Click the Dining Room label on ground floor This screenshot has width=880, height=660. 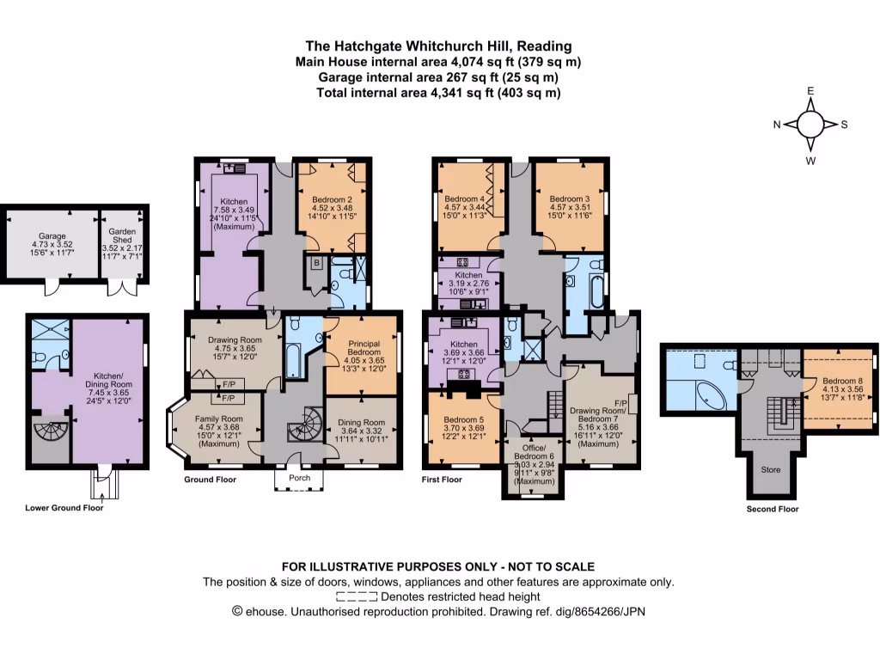pos(361,422)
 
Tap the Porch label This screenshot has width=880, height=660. pos(299,478)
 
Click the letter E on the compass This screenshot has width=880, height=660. pos(810,91)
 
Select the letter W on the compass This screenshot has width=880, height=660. pos(810,160)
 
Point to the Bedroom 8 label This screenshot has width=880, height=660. pos(837,381)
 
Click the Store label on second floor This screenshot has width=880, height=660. pos(770,470)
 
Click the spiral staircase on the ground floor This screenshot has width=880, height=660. pos(306,425)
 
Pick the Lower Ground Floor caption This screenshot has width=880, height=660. pos(64,508)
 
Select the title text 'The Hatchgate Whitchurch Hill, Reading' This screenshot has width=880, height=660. pos(439,46)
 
